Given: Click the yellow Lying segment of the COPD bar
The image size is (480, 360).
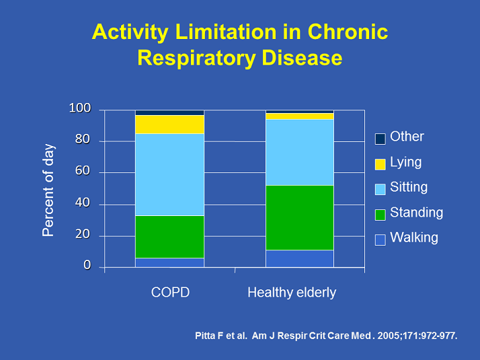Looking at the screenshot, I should pyautogui.click(x=169, y=124).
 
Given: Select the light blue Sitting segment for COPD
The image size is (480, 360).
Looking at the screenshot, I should pyautogui.click(x=169, y=174).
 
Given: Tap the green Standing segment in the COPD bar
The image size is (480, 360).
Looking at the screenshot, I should pyautogui.click(x=169, y=236).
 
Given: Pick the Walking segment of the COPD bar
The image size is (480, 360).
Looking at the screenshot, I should pyautogui.click(x=169, y=262).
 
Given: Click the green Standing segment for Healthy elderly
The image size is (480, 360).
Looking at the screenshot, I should pyautogui.click(x=300, y=217).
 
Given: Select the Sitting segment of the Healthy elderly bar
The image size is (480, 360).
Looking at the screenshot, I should pyautogui.click(x=300, y=152).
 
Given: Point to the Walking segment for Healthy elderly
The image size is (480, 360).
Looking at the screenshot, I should pyautogui.click(x=300, y=258).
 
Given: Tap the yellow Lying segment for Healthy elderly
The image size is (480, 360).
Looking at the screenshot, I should pyautogui.click(x=300, y=116).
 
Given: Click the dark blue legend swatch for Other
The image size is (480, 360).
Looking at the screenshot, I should pyautogui.click(x=380, y=139).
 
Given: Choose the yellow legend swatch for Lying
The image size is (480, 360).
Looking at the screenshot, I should pyautogui.click(x=380, y=164).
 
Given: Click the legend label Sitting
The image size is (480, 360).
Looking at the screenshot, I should pyautogui.click(x=408, y=187).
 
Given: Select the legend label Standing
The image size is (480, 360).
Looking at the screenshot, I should pyautogui.click(x=416, y=213).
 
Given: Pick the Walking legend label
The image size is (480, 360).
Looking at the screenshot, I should pyautogui.click(x=413, y=238).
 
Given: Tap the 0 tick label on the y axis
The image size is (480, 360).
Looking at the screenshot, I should pyautogui.click(x=87, y=266).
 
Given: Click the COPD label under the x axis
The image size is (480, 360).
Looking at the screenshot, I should pyautogui.click(x=170, y=293).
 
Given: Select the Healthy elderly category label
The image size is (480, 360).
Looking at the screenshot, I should pyautogui.click(x=292, y=293).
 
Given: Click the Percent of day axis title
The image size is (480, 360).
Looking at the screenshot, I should pyautogui.click(x=48, y=190).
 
